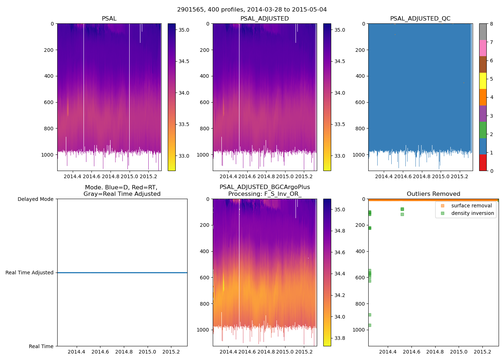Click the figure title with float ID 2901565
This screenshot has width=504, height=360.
click(252, 9)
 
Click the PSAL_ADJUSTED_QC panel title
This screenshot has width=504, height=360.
click(420, 18)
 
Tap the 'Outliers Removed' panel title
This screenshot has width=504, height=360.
click(433, 194)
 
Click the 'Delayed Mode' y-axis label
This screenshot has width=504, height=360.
click(35, 199)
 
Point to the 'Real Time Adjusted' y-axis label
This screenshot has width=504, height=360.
click(29, 273)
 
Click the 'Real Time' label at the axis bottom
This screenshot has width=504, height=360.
click(41, 346)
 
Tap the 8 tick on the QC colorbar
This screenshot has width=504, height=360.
click(492, 24)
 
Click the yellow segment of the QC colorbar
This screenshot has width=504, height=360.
click(483, 81)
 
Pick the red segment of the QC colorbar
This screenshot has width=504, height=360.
click(483, 162)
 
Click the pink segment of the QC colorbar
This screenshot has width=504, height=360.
click(483, 48)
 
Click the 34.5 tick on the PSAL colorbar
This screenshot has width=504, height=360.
click(184, 61)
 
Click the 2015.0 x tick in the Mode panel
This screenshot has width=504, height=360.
click(147, 352)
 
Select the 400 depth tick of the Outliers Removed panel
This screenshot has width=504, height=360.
click(360, 251)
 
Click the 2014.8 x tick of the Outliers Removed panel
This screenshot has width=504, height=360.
click(435, 352)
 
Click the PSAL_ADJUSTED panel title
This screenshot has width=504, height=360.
click(265, 18)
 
